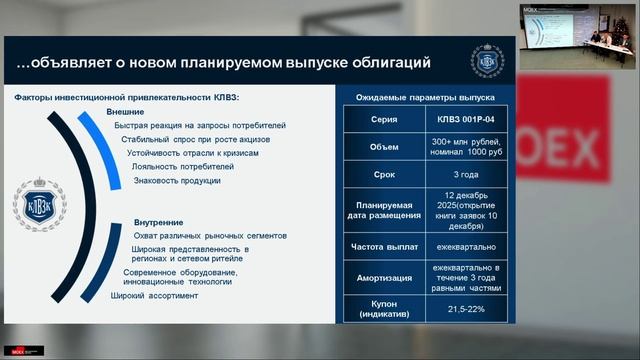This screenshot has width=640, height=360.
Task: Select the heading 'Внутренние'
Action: [x=158, y=221]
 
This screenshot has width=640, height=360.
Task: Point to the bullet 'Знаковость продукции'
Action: [x=177, y=180]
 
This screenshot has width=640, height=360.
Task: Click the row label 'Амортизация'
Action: [x=384, y=276]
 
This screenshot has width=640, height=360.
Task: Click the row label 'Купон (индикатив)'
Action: [x=384, y=309]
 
